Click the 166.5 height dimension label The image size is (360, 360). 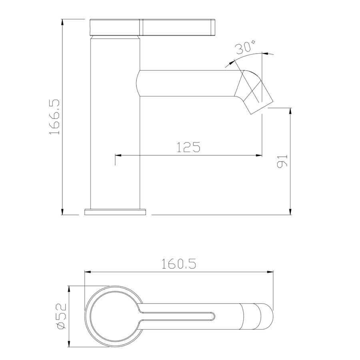point(55,117)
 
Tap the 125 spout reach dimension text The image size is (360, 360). point(188,147)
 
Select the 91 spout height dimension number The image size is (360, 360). point(282,162)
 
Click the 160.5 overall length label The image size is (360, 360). point(179,264)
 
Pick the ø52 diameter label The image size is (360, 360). point(62,316)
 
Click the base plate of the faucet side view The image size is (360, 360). point(115,212)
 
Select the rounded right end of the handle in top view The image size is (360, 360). point(267,316)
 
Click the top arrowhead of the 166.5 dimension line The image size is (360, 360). point(62,22)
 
